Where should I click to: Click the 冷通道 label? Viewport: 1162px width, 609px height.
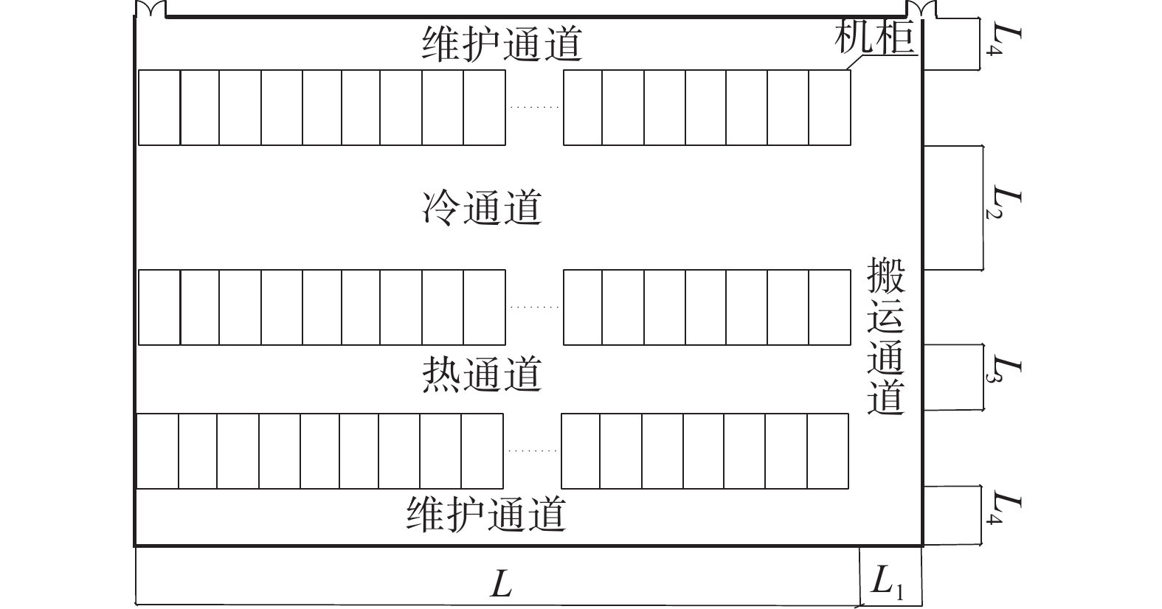point(483,207)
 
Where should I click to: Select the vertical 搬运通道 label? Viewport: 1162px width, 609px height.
point(887,336)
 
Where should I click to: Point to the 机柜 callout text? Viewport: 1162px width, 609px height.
point(874,38)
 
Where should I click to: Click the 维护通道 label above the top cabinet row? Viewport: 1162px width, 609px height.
point(502,44)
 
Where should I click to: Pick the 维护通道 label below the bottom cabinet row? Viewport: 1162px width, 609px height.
point(486,514)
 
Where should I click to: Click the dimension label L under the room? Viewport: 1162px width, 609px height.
point(501,584)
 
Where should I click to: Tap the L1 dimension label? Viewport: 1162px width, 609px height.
point(888,583)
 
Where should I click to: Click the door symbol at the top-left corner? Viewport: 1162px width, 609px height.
point(151,10)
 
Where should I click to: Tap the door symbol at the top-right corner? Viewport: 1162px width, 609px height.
point(921,10)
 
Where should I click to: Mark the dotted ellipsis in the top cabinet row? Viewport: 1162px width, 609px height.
point(534,108)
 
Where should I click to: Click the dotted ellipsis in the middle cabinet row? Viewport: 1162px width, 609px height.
point(534,307)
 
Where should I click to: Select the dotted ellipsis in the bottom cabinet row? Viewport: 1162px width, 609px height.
point(532,451)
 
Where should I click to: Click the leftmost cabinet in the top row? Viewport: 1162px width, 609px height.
point(159,108)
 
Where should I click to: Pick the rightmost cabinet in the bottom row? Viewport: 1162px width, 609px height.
point(828,451)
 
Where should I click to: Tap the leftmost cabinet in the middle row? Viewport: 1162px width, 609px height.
point(159,307)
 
